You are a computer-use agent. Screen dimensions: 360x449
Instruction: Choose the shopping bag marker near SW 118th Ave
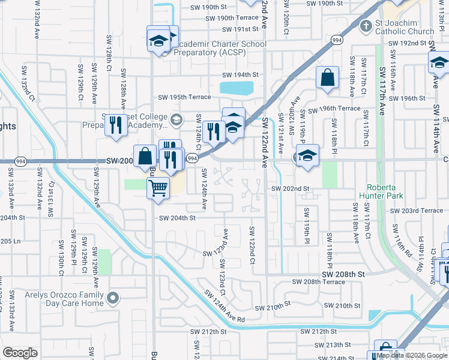tap(327, 78)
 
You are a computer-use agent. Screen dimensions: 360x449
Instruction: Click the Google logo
tap(20, 353)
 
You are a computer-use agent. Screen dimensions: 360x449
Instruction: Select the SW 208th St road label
tap(343, 274)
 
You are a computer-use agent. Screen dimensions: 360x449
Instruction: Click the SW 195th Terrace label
tap(184, 97)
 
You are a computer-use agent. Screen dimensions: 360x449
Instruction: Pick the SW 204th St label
tap(177, 218)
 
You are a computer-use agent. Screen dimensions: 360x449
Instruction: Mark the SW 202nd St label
tap(290, 188)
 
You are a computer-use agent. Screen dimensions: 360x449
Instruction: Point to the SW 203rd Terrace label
tap(416, 211)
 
